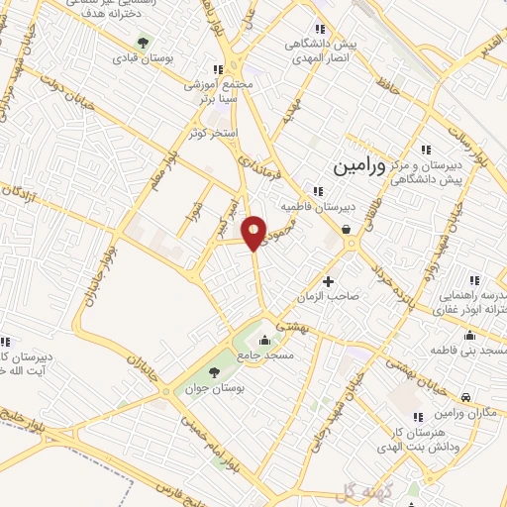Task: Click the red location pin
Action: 254,230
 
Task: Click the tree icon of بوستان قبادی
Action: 145,43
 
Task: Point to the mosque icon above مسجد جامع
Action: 264,342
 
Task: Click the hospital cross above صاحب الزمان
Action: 328,282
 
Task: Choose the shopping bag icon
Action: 348,230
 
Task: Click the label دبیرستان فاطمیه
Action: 314,207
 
